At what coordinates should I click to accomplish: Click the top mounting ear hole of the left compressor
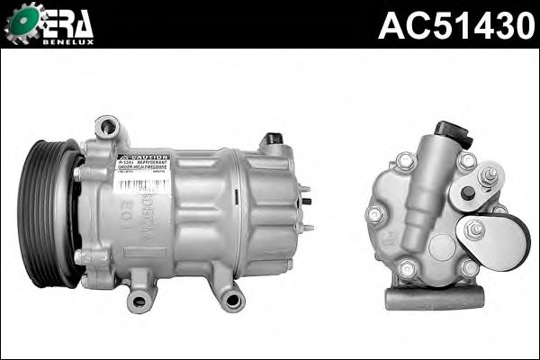(109, 127)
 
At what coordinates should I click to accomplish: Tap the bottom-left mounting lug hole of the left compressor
(139, 300)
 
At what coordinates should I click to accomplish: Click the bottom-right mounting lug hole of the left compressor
(232, 300)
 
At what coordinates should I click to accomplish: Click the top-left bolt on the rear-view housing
(406, 162)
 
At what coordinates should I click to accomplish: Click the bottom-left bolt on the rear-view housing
(409, 268)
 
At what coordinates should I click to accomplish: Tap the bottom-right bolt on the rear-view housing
(468, 267)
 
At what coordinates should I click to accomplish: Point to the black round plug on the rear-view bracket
(467, 193)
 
